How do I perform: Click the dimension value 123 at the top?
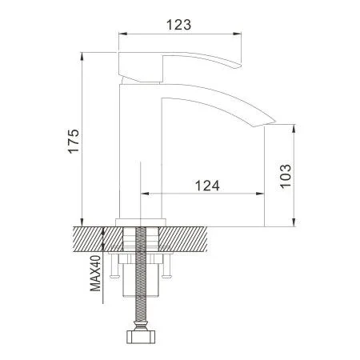(x=180, y=24)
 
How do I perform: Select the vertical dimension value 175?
(x=74, y=142)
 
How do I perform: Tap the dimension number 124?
(x=206, y=185)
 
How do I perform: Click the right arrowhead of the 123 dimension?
(x=239, y=34)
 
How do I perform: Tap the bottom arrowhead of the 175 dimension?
(x=84, y=222)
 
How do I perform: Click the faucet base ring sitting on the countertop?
(x=142, y=222)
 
